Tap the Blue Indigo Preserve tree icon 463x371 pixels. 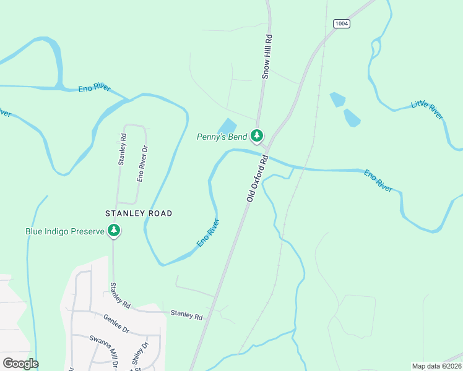point(114,231)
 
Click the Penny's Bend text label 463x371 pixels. point(222,137)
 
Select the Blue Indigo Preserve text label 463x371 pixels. point(64,232)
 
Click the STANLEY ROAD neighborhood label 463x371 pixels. point(139,213)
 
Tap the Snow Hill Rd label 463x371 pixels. point(267,56)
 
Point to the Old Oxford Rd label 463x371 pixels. point(257,179)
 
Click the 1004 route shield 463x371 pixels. point(341,23)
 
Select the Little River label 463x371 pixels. point(427,110)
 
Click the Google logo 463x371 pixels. point(20,364)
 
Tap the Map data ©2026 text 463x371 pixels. point(436,366)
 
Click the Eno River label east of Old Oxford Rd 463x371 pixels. point(378,181)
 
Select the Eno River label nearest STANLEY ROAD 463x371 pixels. point(209,233)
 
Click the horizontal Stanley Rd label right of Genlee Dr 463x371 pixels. point(186,316)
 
